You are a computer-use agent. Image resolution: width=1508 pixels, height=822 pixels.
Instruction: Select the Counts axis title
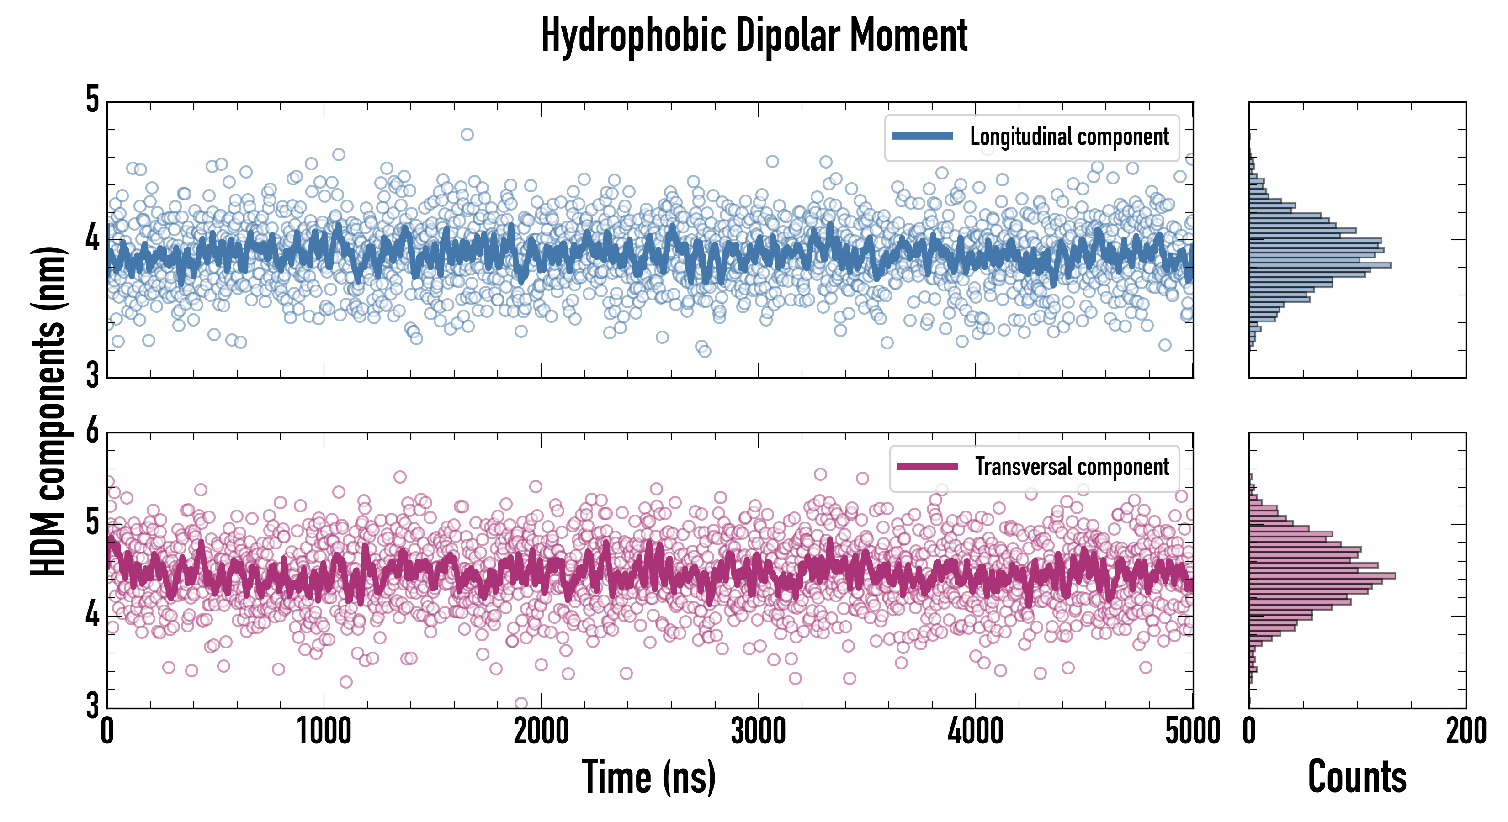[x=1357, y=777]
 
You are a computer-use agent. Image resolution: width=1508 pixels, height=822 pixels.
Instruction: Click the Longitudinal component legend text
[x=1069, y=137]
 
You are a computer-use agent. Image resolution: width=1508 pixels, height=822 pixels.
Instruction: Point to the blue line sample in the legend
[x=923, y=137]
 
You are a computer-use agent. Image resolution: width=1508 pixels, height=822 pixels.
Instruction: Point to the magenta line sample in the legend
[x=927, y=467]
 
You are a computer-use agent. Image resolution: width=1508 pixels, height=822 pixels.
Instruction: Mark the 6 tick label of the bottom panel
[x=92, y=432]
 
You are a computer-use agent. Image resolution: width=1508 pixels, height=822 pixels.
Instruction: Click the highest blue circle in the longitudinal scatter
[x=467, y=135]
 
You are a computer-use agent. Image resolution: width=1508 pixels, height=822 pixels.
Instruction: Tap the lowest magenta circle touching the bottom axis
[x=520, y=703]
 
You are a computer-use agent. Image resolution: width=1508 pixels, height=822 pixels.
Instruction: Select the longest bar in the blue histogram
[x=1320, y=265]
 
